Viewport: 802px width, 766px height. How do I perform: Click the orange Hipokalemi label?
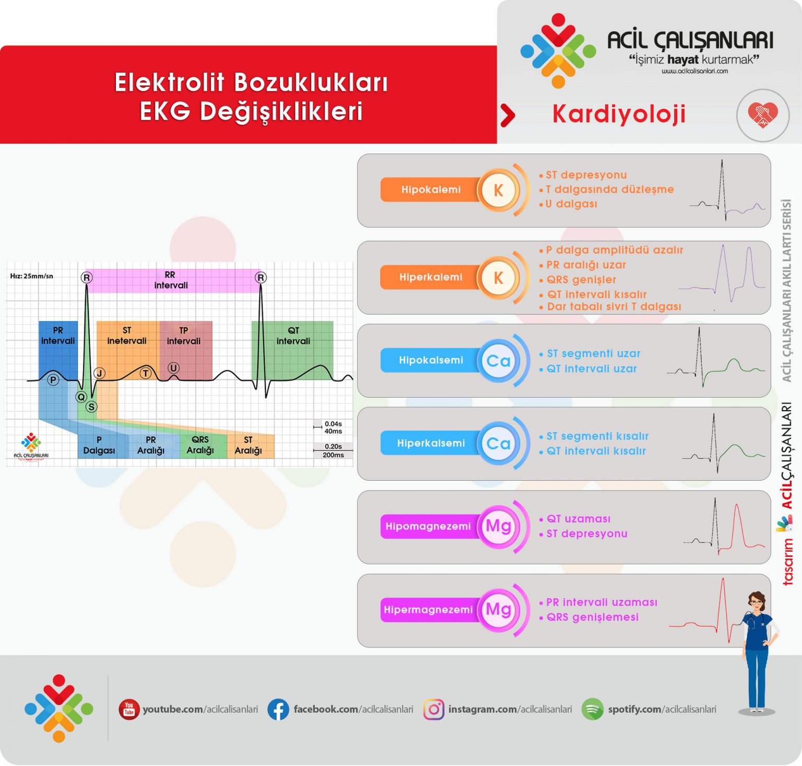[x=430, y=190]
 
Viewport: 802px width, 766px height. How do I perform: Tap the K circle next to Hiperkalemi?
[x=498, y=277]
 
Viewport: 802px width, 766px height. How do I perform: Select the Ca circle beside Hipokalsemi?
[x=498, y=361]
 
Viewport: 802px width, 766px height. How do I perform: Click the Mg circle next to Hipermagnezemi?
[x=498, y=610]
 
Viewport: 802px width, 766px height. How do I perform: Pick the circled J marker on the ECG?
[x=100, y=373]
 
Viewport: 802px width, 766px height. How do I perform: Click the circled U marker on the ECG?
[x=173, y=368]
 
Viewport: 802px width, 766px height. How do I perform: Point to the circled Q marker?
[x=81, y=397]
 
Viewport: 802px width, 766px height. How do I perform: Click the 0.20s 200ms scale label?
[x=333, y=450]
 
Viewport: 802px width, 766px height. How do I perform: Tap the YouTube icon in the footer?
[x=128, y=709]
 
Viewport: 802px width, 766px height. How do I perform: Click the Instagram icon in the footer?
[x=433, y=709]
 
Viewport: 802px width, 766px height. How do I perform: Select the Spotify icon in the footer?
[x=592, y=709]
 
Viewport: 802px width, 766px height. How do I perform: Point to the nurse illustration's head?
[x=756, y=602]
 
